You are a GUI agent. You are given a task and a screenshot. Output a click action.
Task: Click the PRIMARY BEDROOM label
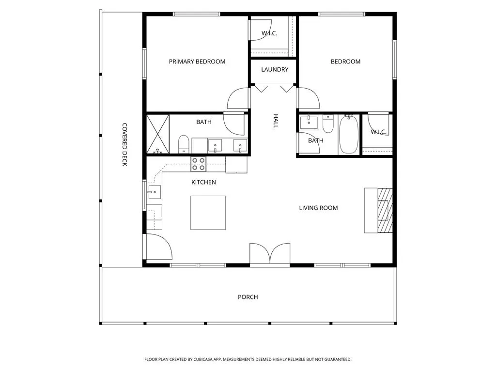tap(197, 62)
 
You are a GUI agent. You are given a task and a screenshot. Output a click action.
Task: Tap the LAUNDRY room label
tap(275, 69)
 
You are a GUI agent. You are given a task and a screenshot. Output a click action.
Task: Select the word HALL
tap(276, 121)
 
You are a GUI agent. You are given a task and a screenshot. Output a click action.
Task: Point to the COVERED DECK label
tap(124, 144)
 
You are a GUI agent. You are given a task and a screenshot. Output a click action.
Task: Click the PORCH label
tap(248, 297)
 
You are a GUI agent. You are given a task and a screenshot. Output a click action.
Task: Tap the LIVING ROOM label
tap(318, 208)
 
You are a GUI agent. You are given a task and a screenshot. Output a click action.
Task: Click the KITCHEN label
tap(204, 182)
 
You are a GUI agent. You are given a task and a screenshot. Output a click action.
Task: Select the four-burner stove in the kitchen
tap(198, 164)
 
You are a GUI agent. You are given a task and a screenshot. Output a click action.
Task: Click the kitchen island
tap(208, 213)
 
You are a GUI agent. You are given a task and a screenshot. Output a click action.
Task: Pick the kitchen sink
tap(155, 192)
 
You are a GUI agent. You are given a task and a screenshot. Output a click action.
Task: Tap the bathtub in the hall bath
tap(349, 134)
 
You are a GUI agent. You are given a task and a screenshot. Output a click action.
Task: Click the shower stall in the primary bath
tap(158, 134)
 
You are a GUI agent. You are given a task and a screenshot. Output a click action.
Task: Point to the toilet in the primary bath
tap(184, 144)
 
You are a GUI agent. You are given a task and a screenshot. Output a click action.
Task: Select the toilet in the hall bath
tap(328, 124)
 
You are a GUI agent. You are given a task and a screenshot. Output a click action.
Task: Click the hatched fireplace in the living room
tap(385, 210)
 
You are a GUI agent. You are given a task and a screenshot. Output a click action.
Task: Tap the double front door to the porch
tap(270, 253)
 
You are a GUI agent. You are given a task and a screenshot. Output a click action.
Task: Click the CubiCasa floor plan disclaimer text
tap(248, 359)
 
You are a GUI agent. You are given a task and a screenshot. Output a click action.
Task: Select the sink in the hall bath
tap(309, 123)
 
